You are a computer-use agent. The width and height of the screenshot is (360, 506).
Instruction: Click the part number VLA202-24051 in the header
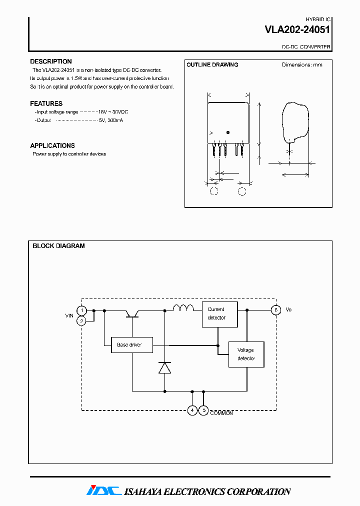[297, 30]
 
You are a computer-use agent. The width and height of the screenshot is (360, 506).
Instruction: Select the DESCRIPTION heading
[51, 61]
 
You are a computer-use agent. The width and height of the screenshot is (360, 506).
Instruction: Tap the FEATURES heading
[46, 103]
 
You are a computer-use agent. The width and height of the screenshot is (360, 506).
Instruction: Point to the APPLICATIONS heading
[52, 145]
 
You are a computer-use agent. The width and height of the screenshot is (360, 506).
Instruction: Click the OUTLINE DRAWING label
[212, 64]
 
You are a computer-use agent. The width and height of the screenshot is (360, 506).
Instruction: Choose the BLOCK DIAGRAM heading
[58, 246]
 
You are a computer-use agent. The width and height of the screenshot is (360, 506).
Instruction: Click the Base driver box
[131, 345]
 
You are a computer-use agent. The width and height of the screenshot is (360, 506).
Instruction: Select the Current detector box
[219, 314]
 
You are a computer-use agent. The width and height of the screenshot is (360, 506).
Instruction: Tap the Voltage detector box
[246, 354]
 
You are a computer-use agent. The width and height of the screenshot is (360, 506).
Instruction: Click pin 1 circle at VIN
[81, 310]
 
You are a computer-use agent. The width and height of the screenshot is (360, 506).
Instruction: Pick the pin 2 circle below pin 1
[81, 321]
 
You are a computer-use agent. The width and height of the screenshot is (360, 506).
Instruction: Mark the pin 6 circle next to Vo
[275, 310]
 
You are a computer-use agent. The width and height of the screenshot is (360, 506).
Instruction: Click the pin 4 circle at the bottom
[192, 410]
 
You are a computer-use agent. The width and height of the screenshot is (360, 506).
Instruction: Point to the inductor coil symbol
[183, 308]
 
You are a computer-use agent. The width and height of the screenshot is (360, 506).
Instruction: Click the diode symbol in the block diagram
[164, 367]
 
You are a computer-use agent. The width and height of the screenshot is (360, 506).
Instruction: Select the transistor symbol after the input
[132, 313]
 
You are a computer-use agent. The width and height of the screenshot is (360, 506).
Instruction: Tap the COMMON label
[221, 413]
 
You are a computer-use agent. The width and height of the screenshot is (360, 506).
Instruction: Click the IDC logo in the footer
[103, 491]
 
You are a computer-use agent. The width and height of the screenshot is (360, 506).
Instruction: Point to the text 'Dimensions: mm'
[302, 64]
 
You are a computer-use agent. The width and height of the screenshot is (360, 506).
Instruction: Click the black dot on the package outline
[228, 132]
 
